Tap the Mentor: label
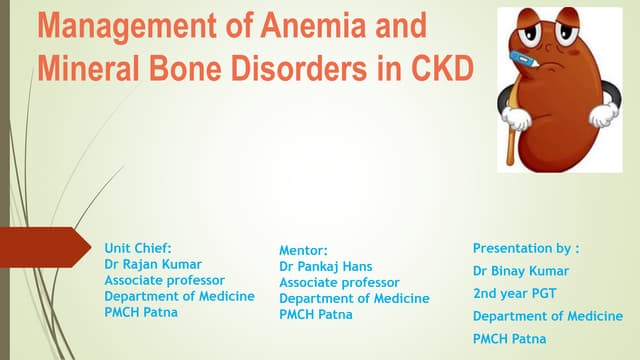303,251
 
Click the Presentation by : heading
526,248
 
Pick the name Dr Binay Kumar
520,270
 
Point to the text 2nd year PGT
516,293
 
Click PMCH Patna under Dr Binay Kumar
510,339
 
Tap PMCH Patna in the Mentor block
316,314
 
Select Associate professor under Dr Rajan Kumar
164,280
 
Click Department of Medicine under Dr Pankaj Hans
354,298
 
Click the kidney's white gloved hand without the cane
603,114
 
